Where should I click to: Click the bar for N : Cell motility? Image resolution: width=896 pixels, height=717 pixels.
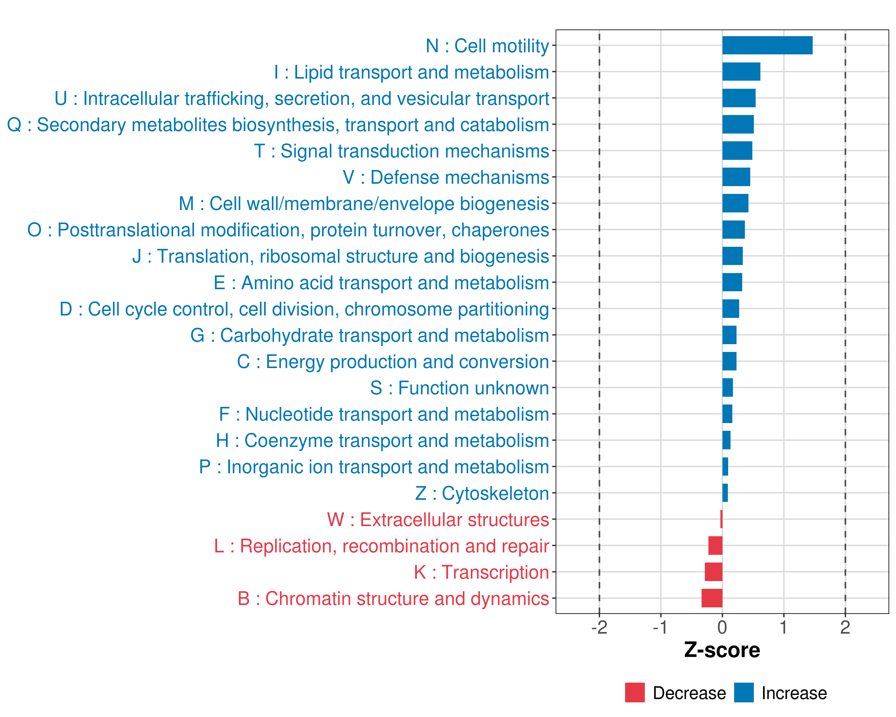coord(767,45)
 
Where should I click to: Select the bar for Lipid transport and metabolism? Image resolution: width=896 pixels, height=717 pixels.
coord(741,71)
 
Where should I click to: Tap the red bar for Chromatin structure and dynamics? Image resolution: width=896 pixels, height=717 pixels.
coord(712,598)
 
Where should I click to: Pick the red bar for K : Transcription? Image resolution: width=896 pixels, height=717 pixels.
coord(714,572)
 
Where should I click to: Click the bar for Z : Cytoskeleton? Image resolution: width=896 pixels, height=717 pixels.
coord(725,493)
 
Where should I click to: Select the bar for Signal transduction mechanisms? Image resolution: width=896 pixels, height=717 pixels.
coord(737,151)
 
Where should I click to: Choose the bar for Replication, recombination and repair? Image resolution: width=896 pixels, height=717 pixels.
coord(715,545)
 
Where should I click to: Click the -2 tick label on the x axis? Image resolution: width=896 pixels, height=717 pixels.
coord(599,627)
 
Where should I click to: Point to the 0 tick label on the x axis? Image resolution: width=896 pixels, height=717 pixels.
coord(722,627)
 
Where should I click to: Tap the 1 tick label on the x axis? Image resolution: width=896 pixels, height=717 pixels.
coord(783,627)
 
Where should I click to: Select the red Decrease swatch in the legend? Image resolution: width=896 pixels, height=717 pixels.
coord(635,693)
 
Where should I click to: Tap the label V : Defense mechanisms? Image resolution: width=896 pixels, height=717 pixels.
coord(446,177)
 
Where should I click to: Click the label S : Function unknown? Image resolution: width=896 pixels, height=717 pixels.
coord(460,388)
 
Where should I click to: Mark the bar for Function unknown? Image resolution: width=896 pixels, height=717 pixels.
coord(728,387)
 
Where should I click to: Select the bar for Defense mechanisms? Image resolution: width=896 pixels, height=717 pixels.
coord(736,177)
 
